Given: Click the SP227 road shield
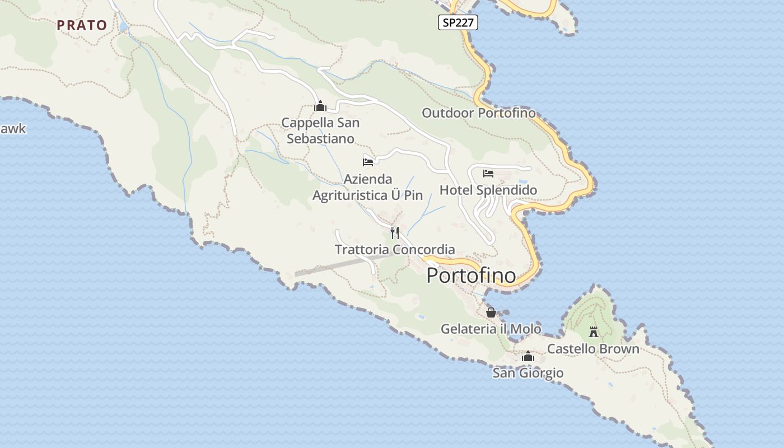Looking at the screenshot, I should [457, 22].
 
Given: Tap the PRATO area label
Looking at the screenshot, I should [82, 25].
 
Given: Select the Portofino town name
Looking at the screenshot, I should [471, 276].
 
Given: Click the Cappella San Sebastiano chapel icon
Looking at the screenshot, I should [320, 106].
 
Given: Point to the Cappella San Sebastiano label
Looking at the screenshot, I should [320, 130].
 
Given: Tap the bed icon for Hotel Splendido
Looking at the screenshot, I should [488, 174].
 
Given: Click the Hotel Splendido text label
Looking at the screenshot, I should [488, 190].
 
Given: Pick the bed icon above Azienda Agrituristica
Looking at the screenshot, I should [368, 162].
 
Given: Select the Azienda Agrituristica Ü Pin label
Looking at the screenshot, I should [367, 188].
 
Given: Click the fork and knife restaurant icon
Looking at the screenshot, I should [395, 233].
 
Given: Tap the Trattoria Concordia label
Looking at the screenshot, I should [395, 250].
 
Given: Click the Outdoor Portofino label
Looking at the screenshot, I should [479, 113].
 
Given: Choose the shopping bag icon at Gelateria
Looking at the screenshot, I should [491, 312].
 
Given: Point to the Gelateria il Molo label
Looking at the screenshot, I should [491, 329].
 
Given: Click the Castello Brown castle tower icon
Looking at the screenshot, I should [594, 332].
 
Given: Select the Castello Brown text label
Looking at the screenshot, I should [593, 349].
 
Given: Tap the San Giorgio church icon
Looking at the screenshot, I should [528, 356].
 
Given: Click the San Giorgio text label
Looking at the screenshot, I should [528, 373].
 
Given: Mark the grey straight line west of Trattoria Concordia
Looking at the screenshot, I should [330, 267].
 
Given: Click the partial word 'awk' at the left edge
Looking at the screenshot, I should [13, 129].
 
